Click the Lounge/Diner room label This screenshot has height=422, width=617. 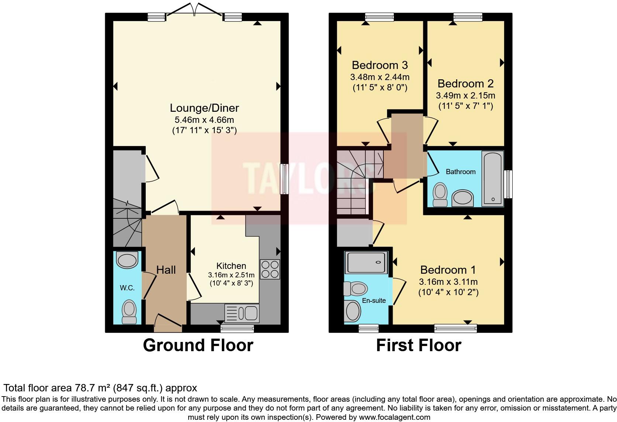[x=204, y=108]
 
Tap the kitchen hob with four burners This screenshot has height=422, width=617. [x=270, y=269]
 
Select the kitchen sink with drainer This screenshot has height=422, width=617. [x=242, y=313]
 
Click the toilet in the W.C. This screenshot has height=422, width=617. [x=129, y=312]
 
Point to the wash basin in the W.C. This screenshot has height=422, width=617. [x=127, y=260]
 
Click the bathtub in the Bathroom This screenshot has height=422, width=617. [x=493, y=179]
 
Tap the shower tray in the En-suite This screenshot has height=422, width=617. [x=366, y=263]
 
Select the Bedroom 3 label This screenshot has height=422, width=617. [x=380, y=65]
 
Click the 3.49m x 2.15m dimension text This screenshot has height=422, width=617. [x=465, y=96]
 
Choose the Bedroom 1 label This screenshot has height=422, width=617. [x=448, y=270]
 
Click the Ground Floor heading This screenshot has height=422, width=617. [x=198, y=345]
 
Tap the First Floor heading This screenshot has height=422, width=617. [x=419, y=345]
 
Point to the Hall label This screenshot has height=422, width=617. [x=166, y=270]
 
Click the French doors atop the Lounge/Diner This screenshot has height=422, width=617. [x=194, y=10]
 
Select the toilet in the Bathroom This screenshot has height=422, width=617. [x=440, y=195]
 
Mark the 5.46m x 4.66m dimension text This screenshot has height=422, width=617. [x=204, y=120]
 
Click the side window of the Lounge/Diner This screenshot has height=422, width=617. [x=284, y=179]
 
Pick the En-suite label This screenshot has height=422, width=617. [x=374, y=301]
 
